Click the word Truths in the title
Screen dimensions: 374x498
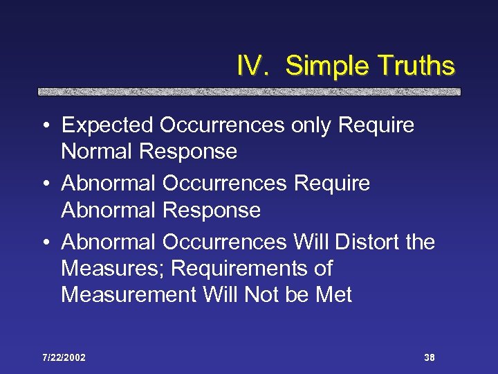[x=416, y=66]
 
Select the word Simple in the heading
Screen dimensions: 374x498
[x=322, y=66]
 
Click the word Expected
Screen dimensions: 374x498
[x=107, y=125]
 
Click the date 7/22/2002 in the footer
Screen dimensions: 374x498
[x=63, y=357]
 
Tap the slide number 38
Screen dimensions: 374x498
[x=429, y=357]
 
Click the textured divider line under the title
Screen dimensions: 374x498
[x=249, y=91]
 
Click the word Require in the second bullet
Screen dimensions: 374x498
[x=331, y=184]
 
